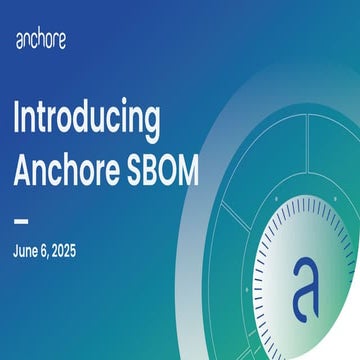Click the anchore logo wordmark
tap(43, 41)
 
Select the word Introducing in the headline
tap(86, 120)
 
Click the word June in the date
tap(27, 250)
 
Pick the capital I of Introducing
tap(17, 120)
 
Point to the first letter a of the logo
tap(20, 43)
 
